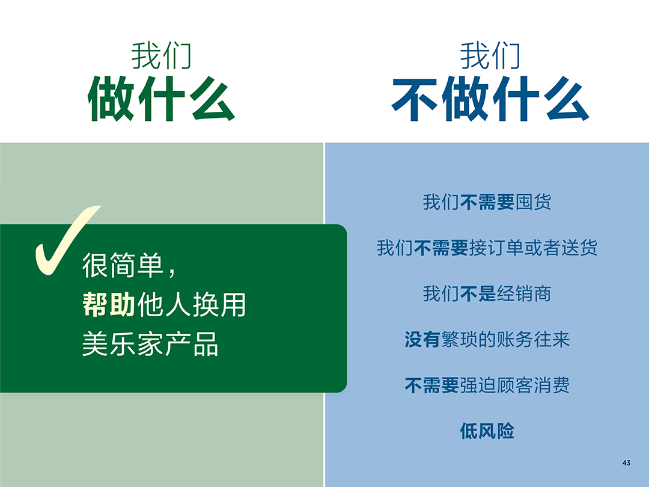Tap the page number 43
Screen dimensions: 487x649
coord(626,463)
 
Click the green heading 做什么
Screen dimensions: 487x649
coord(161,100)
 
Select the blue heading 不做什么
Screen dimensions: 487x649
coord(490,100)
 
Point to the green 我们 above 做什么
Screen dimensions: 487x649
coord(161,56)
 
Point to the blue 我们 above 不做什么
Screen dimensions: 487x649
coord(490,56)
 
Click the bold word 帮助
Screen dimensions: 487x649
coord(109,305)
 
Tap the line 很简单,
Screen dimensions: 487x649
coord(129,266)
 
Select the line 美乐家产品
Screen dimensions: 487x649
coord(150,345)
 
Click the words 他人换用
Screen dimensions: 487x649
coord(192,305)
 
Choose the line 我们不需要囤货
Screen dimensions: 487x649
coord(487,202)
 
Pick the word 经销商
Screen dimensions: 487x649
coord(524,294)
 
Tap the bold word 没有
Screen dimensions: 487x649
coord(422,340)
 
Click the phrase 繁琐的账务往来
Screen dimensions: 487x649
coord(505,340)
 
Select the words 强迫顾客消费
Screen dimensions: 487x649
coord(514,385)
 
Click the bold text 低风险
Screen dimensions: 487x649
coord(487,431)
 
